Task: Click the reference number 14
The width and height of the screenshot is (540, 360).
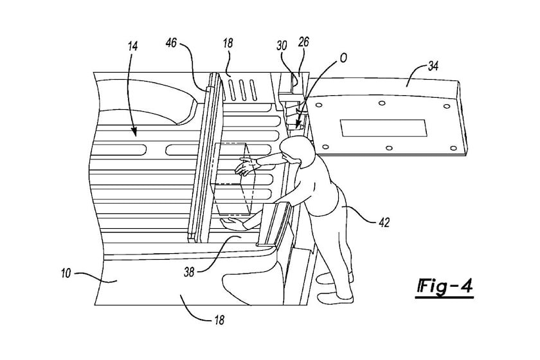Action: pos(133,46)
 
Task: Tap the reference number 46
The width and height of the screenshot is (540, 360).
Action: pos(171,43)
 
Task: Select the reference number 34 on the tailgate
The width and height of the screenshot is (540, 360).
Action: pos(433,66)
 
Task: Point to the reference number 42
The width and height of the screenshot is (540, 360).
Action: pos(384,222)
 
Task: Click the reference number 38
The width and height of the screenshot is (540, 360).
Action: pos(190,272)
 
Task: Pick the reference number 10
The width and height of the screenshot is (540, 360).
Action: pos(66,273)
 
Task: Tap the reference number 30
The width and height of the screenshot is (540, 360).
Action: pos(282,46)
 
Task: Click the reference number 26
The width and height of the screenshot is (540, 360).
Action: pos(303,42)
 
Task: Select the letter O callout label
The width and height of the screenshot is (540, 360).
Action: pos(343,59)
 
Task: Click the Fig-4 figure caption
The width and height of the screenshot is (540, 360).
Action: pos(445,287)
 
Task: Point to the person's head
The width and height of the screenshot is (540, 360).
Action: pos(297,151)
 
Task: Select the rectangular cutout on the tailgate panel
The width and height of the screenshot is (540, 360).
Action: pos(383,127)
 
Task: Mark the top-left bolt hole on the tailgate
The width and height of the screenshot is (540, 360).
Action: pos(319,105)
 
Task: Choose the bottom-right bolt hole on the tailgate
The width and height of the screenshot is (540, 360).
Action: pos(454,148)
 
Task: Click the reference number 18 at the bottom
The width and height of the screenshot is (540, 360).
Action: pos(219,320)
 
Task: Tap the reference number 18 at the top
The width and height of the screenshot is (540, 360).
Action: pos(228,42)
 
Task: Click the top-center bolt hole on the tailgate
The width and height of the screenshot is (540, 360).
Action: pos(382,103)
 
